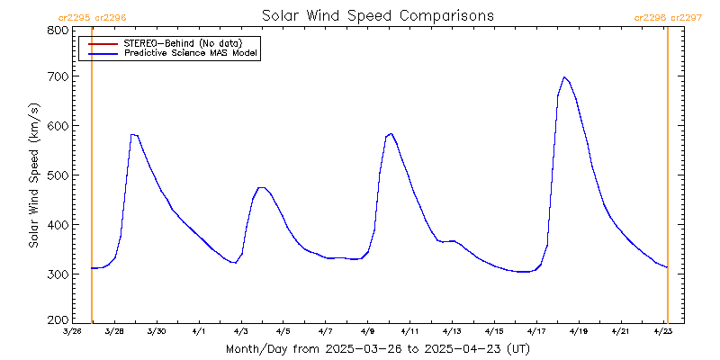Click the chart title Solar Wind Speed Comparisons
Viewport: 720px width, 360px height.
click(377, 15)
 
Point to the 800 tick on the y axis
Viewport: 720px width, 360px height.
click(58, 30)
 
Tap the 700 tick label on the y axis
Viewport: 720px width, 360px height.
click(58, 76)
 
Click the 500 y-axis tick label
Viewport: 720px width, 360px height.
click(58, 175)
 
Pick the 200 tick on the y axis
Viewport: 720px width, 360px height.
click(58, 319)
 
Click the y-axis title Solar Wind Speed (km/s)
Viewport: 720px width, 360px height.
click(33, 175)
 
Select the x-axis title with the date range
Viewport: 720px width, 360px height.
click(377, 349)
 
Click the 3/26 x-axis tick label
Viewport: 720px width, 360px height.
click(72, 332)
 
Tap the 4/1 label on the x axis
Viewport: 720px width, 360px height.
click(199, 332)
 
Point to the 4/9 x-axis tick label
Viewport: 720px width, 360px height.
click(367, 332)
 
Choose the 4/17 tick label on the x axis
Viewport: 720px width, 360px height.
click(536, 332)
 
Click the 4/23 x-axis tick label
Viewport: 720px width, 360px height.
click(663, 332)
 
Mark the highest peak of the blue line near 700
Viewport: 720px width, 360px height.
click(564, 77)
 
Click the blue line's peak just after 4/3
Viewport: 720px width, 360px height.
click(262, 187)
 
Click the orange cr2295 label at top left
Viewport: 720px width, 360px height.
click(73, 17)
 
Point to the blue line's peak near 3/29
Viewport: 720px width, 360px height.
click(132, 134)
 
